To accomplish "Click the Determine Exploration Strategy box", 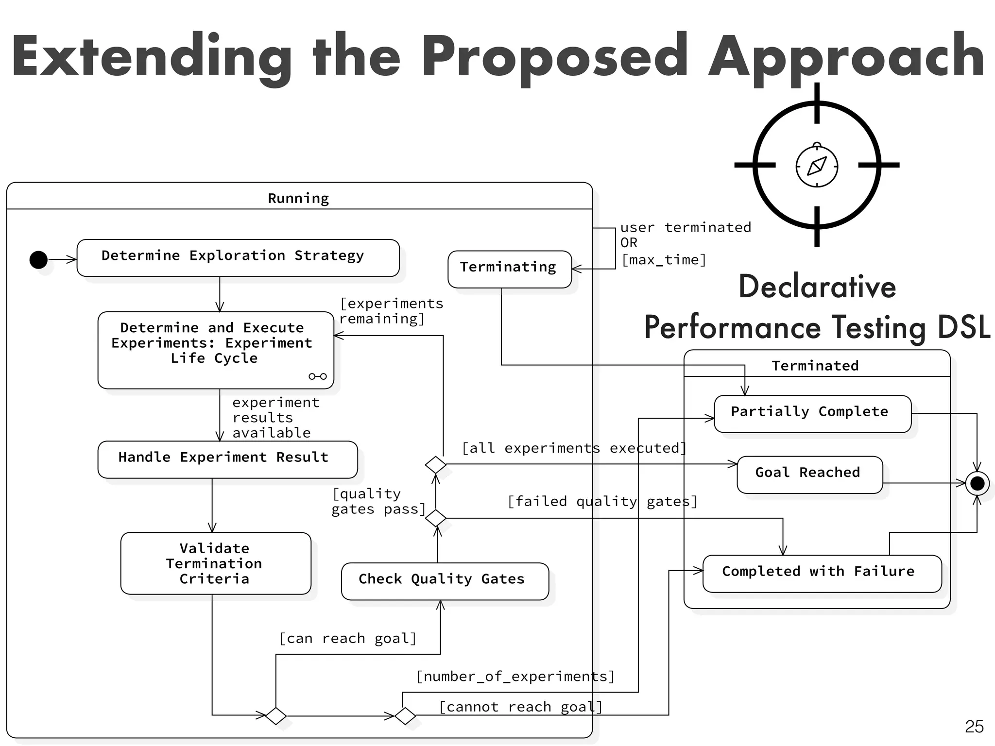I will [x=238, y=257].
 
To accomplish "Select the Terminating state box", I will [x=509, y=269].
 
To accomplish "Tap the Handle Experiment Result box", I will [x=227, y=459].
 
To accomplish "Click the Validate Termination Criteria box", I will [x=215, y=563].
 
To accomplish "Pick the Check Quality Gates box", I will [x=445, y=580].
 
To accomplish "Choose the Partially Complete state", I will [x=812, y=413].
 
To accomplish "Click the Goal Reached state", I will [x=809, y=474].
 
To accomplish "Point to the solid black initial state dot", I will [x=38, y=259].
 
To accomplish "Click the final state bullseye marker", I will [x=977, y=483].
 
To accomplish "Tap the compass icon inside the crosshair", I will [x=817, y=166].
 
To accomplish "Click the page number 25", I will [x=974, y=727].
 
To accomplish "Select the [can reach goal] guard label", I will [x=348, y=638].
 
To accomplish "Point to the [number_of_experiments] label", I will [x=515, y=676].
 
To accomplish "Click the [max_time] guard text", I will [x=664, y=260].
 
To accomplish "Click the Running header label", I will [x=298, y=198].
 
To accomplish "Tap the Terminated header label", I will [x=815, y=365].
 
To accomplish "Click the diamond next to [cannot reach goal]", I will [x=405, y=715].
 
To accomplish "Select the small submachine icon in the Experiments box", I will [x=318, y=376].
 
